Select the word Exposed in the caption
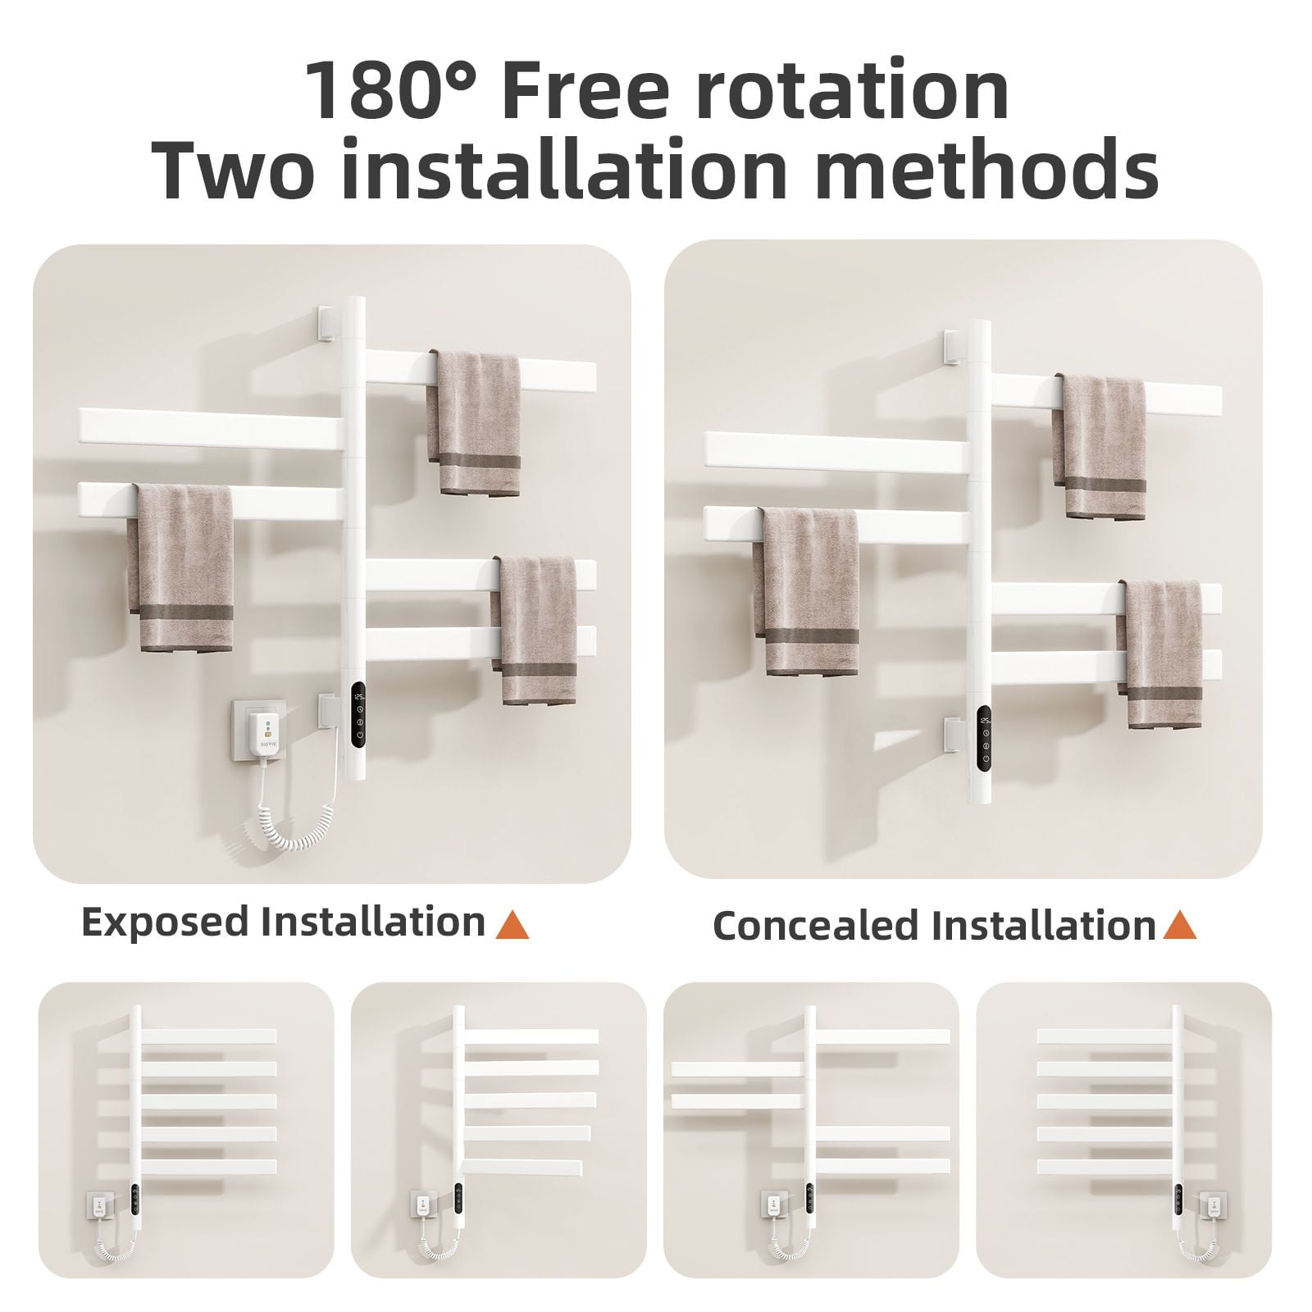[x=165, y=923]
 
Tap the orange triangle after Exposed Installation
[x=512, y=924]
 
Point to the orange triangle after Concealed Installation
[x=1180, y=925]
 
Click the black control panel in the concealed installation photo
[x=985, y=740]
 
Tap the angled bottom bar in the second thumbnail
[x=522, y=1167]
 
